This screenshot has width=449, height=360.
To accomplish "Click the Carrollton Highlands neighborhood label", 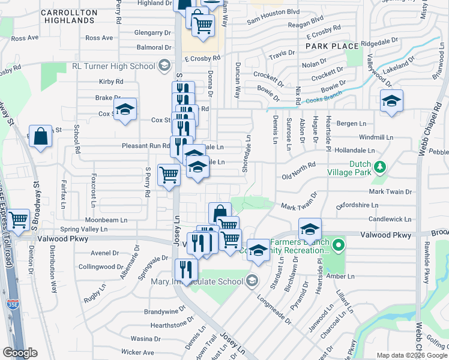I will (70, 16).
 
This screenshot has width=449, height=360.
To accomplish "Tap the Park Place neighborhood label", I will (332, 46).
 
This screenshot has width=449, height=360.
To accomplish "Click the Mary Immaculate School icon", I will (252, 280).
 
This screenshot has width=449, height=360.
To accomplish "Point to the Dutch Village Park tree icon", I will (380, 169).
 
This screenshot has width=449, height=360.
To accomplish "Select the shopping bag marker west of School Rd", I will (40, 136).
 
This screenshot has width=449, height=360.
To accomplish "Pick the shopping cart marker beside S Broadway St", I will (19, 220).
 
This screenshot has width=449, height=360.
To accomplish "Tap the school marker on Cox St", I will (125, 110).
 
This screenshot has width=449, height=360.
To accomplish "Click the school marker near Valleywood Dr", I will (391, 100).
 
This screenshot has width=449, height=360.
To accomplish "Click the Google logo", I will (20, 352).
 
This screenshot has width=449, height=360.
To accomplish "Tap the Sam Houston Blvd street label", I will (274, 28).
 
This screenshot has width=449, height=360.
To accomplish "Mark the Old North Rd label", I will (298, 176).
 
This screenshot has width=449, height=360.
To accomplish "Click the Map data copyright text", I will (411, 355).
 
